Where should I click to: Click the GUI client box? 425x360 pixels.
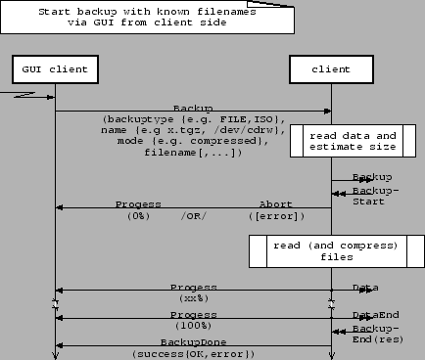point(55,70)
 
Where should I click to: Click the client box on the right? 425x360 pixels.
point(331,70)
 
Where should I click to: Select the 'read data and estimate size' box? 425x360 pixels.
point(353,142)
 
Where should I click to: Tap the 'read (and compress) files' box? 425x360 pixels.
point(328,250)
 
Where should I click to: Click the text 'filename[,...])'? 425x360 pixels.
point(194,153)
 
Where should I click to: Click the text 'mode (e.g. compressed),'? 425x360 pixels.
point(194,141)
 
